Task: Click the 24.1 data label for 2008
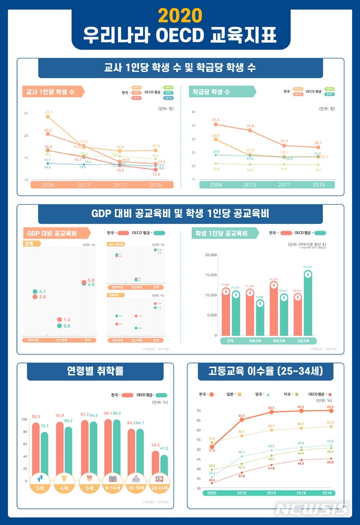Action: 49,112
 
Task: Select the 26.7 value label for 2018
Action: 318,143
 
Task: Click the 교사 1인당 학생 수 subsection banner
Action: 52,91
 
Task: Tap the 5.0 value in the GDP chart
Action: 91,280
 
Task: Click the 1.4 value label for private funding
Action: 67,319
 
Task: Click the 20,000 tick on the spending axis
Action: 210,255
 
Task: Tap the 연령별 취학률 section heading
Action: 95,372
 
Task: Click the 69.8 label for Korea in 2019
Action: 330,406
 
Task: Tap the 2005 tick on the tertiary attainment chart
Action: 211,493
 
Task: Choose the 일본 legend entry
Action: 233,395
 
